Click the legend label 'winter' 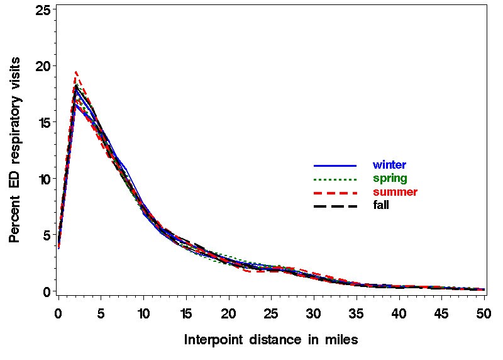(389, 165)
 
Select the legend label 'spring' (389, 178)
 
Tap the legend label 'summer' (395, 191)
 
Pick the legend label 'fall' (381, 205)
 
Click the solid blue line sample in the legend (335, 166)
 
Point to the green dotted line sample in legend (335, 179)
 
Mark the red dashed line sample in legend (335, 192)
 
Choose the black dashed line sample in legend (335, 206)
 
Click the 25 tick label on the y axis (42, 10)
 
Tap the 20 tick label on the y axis (42, 66)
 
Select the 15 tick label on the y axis (42, 122)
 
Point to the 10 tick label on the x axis (143, 312)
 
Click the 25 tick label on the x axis (271, 312)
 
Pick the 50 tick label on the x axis (484, 312)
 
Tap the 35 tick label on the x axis (356, 312)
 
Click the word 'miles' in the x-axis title (341, 340)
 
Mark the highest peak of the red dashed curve (75, 72)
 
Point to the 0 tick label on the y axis (46, 292)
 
